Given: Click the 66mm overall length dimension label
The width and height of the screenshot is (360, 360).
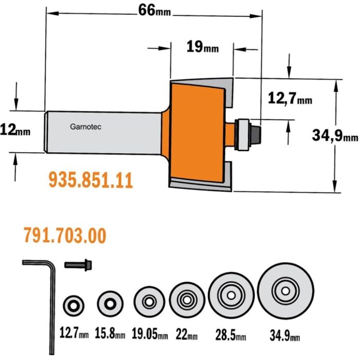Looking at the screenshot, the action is pyautogui.click(x=154, y=10).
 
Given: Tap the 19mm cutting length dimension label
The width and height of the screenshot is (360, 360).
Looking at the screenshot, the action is pyautogui.click(x=203, y=47).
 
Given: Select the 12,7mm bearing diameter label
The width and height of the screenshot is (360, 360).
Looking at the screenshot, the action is pyautogui.click(x=290, y=98).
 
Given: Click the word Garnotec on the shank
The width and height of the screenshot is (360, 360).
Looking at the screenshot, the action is pyautogui.click(x=85, y=127).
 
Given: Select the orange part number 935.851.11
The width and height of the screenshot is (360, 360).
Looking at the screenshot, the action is pyautogui.click(x=91, y=181).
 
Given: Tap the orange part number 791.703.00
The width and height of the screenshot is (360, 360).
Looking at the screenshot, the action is pyautogui.click(x=65, y=236).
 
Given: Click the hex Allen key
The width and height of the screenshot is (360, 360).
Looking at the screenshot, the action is pyautogui.click(x=52, y=298).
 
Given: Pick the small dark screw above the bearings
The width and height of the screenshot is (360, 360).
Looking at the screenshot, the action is pyautogui.click(x=78, y=265).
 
